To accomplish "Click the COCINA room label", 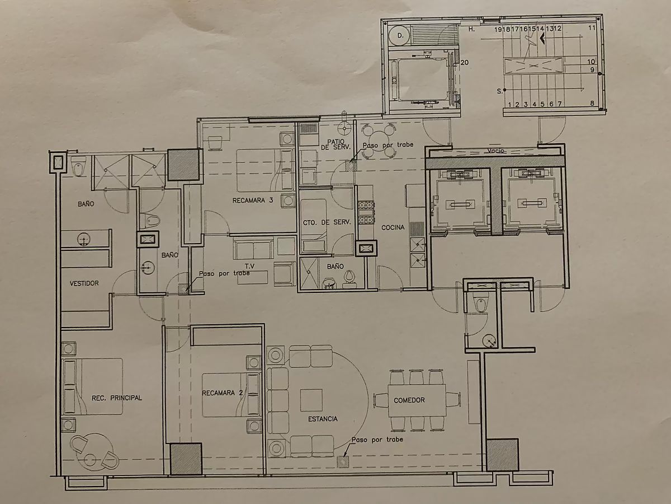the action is click(x=393, y=227).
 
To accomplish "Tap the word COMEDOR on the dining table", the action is click(x=409, y=400).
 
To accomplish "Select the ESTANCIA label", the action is click(x=323, y=419).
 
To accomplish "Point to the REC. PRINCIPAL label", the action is click(x=117, y=398).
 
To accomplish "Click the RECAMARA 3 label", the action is click(x=253, y=200).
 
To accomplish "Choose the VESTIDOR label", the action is click(x=84, y=283).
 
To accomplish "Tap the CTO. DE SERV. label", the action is click(x=327, y=222).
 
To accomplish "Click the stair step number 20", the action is click(x=464, y=62).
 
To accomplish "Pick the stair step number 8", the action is click(x=592, y=103).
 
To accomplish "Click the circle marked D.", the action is click(x=400, y=35).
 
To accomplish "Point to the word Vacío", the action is click(x=495, y=151).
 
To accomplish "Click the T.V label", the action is click(x=250, y=266).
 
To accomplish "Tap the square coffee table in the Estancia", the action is click(x=311, y=400).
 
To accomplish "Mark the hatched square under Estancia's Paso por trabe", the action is click(x=343, y=462).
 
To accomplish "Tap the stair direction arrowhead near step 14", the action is click(x=542, y=39).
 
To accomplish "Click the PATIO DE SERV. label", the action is click(x=335, y=144).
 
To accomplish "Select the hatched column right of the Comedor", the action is click(x=502, y=455).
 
